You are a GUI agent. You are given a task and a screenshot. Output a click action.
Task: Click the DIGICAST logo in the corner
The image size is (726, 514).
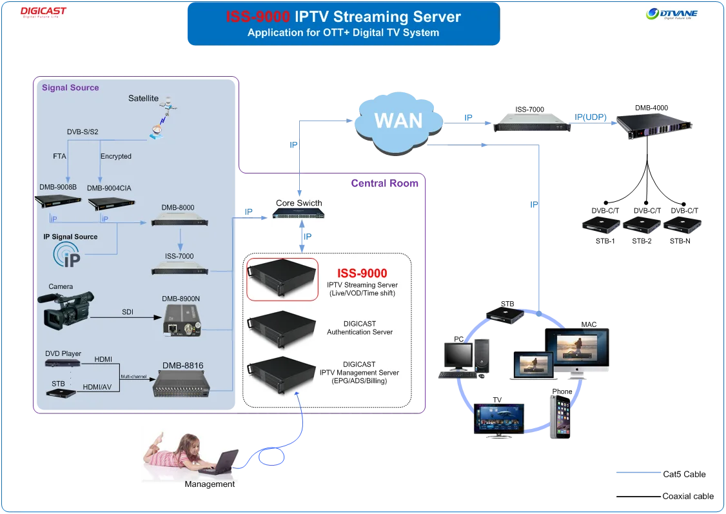(43, 12)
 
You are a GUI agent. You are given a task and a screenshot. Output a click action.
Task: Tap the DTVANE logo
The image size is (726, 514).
(672, 13)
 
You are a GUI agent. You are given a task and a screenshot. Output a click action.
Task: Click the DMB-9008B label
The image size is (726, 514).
(58, 188)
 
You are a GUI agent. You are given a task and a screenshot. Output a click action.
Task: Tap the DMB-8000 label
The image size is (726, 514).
(178, 208)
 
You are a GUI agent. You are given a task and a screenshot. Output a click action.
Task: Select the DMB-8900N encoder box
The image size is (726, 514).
(181, 321)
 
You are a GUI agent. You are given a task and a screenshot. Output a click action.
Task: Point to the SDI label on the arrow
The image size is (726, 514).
(128, 312)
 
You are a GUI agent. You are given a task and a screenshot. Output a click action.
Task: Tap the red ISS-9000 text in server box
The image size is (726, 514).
(362, 273)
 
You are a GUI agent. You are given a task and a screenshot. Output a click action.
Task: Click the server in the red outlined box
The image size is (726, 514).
(282, 278)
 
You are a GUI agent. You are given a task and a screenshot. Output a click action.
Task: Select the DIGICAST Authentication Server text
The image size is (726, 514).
(360, 328)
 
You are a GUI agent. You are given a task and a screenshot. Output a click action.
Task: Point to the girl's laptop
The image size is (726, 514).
(222, 463)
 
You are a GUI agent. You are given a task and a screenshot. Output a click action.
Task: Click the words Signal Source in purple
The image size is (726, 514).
(70, 88)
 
